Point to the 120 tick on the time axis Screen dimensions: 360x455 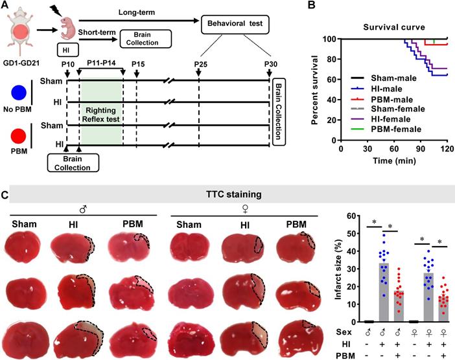447,148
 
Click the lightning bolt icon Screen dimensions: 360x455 53,11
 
